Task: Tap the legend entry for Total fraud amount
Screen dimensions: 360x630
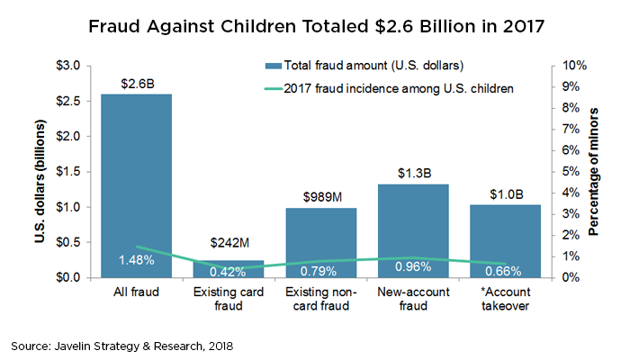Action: point(360,65)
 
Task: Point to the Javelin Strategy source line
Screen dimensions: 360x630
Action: point(126,345)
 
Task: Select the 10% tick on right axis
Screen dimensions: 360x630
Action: point(573,66)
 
